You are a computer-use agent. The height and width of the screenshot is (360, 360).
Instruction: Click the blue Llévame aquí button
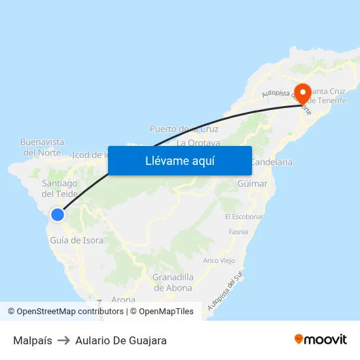tap(179, 160)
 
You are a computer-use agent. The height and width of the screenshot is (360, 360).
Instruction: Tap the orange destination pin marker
tap(302, 93)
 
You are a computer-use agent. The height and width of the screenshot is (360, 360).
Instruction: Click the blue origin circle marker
tap(58, 214)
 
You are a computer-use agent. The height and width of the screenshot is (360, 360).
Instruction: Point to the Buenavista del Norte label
tap(43, 147)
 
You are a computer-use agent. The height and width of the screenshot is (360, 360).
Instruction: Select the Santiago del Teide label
tap(60, 189)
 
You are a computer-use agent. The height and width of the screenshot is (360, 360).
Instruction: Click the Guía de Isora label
tap(77, 240)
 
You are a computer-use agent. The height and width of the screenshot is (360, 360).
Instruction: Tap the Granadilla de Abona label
tap(173, 282)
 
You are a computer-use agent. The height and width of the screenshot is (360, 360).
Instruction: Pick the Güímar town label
tap(253, 184)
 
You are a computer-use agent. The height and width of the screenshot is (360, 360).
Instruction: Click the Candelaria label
tap(271, 161)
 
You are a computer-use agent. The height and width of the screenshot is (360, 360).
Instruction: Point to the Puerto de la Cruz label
tap(184, 129)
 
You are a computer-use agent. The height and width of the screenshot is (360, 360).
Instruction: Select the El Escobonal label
tap(243, 217)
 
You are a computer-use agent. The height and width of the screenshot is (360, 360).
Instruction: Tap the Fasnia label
tap(238, 232)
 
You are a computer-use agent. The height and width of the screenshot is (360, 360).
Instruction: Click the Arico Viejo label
tap(219, 260)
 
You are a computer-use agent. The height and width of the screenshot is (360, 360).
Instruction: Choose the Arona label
tap(124, 300)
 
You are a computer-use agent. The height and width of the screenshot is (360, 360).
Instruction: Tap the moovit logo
tap(320, 339)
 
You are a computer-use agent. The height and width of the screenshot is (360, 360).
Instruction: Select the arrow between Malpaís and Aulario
tap(63, 340)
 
